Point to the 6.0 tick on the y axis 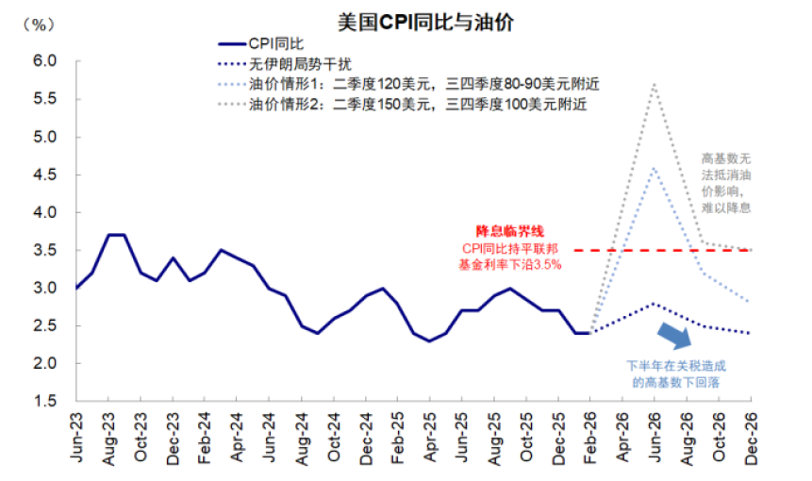click(x=45, y=61)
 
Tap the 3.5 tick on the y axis click(x=45, y=250)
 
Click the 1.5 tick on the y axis click(x=45, y=401)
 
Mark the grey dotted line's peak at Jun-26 click(x=655, y=84)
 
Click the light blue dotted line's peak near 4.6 click(x=655, y=168)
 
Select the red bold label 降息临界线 click(x=509, y=231)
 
